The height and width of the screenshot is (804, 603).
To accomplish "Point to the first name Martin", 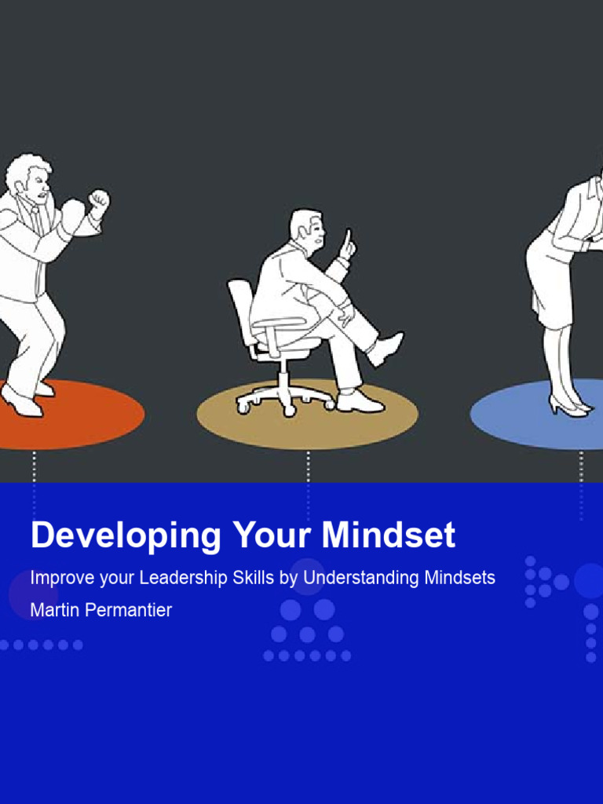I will pyautogui.click(x=53, y=610).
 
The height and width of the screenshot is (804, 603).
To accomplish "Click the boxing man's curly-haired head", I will pyautogui.click(x=29, y=177).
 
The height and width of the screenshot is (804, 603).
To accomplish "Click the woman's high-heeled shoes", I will pyautogui.click(x=569, y=405).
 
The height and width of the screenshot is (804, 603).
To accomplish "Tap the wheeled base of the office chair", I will pyautogui.click(x=284, y=401).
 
